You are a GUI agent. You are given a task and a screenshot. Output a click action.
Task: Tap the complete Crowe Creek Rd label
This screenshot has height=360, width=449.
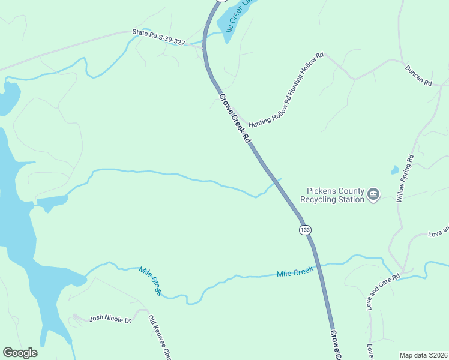tap(234, 118)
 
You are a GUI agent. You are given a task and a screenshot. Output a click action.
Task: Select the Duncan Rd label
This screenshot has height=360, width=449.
tap(418, 76)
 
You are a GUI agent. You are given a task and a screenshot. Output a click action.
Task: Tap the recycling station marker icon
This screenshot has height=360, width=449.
tap(374, 194)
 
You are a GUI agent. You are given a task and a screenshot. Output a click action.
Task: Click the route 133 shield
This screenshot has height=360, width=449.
tap(306, 230)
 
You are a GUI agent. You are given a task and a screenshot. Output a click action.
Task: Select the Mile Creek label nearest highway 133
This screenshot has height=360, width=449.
tap(295, 273)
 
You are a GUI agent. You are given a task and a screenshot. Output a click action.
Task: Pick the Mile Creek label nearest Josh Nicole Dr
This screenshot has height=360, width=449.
tap(151, 280)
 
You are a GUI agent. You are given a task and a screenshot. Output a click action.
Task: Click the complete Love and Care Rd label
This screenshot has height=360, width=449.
tap(383, 293)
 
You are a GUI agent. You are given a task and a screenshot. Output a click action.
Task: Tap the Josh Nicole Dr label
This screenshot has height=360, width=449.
tap(110, 319)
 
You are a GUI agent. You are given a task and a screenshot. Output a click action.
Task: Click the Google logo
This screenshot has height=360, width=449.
tap(20, 353)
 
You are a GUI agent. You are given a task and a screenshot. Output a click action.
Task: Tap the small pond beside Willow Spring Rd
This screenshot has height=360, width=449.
tap(394, 170)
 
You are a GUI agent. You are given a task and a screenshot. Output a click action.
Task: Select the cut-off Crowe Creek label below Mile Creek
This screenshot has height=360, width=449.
tap(336, 344)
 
